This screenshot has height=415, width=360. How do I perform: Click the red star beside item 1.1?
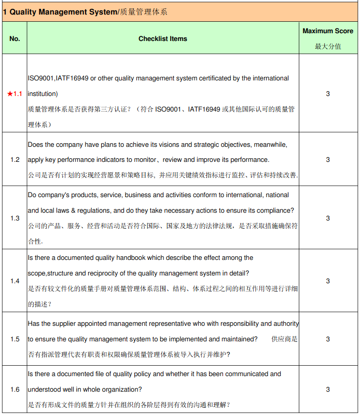pyautogui.click(x=10, y=94)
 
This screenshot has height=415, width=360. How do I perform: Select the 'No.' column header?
pyautogui.click(x=15, y=39)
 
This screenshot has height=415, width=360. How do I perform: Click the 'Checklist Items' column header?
pyautogui.click(x=163, y=39)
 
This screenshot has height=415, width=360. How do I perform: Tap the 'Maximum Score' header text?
pyautogui.click(x=328, y=31)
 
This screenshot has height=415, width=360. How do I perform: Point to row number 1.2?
pyautogui.click(x=15, y=160)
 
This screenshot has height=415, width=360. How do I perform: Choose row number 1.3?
pyautogui.click(x=15, y=218)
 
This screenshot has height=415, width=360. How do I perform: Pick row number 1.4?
pyautogui.click(x=15, y=281)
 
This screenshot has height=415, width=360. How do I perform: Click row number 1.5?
pyautogui.click(x=15, y=339)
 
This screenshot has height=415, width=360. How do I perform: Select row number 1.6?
pyautogui.click(x=15, y=390)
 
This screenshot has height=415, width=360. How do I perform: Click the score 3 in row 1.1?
pyautogui.click(x=328, y=94)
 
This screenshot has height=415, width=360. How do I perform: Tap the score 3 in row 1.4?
pyautogui.click(x=328, y=281)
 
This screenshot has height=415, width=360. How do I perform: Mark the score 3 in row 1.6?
pyautogui.click(x=328, y=390)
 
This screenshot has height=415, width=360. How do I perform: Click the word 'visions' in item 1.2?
pyautogui.click(x=164, y=145)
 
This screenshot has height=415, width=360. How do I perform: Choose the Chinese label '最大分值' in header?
pyautogui.click(x=328, y=46)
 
